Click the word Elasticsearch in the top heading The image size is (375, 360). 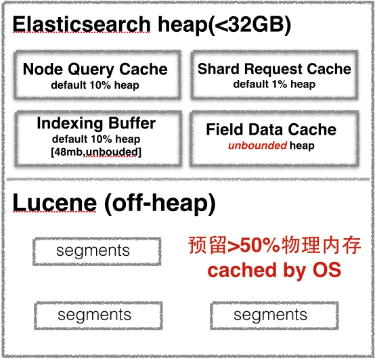click(81, 24)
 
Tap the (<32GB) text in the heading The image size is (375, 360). click(250, 25)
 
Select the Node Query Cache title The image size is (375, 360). click(95, 69)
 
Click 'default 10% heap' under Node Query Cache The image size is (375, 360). click(95, 85)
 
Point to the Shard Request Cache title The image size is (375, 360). click(274, 69)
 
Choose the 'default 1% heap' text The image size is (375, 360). click(274, 84)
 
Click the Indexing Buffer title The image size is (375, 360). click(96, 123)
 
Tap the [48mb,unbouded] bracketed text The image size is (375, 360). click(96, 152)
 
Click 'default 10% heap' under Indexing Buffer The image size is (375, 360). click(96, 139)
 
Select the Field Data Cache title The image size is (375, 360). click(271, 129)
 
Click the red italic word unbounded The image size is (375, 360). click(258, 145)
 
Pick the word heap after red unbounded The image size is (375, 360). click(302, 145)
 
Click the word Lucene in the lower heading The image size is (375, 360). click(55, 203)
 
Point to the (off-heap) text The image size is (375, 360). click(160, 204)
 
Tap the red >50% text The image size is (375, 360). click(254, 246)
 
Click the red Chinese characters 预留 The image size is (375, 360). click(207, 245)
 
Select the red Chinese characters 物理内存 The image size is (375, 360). click(322, 245)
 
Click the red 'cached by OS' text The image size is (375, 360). click(274, 270)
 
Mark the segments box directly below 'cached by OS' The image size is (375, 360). click(274, 315)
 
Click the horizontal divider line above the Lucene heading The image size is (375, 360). click(188, 179)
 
